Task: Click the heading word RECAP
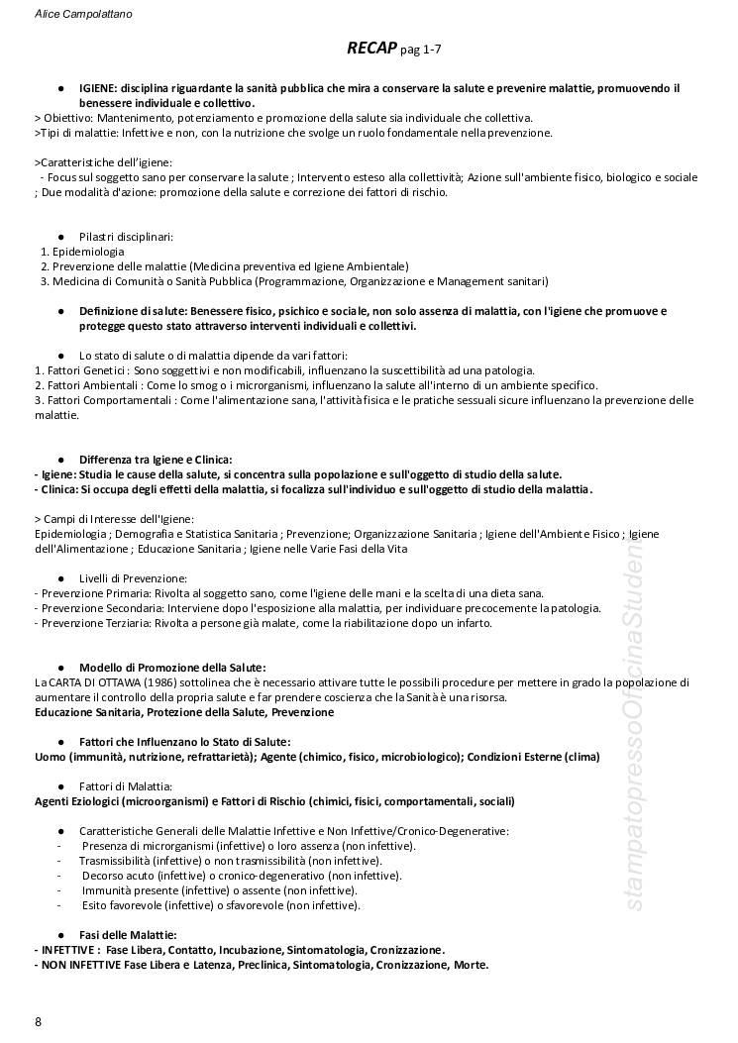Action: tap(371, 48)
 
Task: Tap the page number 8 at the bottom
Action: tap(38, 1021)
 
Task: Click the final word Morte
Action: tap(471, 964)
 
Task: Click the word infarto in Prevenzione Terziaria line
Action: tap(472, 623)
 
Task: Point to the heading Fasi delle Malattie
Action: tap(128, 934)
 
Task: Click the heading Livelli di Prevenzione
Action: tap(133, 577)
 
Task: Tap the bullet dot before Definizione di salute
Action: tap(61, 311)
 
